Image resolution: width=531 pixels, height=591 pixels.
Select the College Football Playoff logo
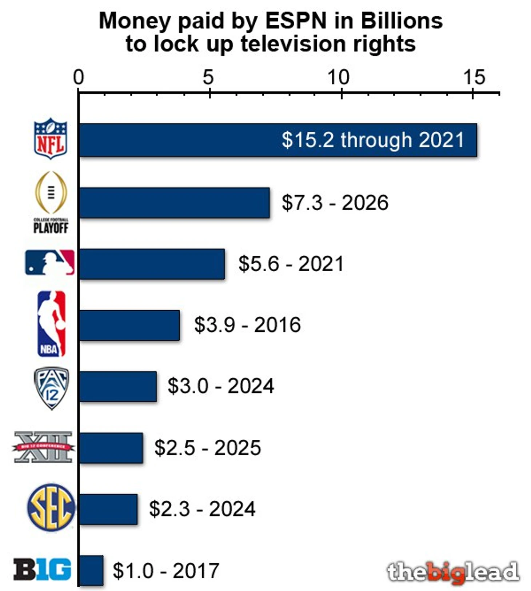click(51, 202)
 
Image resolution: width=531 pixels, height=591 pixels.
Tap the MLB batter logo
click(50, 262)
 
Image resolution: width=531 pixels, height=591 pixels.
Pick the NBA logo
click(52, 324)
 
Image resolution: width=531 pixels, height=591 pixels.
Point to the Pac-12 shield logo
click(51, 388)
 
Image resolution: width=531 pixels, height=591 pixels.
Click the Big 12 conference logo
click(43, 447)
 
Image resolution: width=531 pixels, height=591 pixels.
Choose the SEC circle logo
click(51, 507)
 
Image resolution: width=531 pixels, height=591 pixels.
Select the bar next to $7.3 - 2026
click(175, 203)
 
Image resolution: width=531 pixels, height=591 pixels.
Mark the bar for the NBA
click(129, 325)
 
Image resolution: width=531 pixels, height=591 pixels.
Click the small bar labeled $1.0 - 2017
click(91, 570)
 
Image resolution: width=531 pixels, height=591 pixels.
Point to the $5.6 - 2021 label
click(291, 264)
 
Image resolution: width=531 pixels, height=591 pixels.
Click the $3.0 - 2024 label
click(220, 386)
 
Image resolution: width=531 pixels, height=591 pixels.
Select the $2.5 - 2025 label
click(207, 447)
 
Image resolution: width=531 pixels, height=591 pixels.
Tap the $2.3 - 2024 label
click(202, 508)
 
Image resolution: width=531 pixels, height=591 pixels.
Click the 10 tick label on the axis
click(338, 77)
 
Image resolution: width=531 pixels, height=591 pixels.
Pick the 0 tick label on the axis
click(79, 77)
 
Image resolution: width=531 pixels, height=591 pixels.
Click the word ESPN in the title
click(296, 21)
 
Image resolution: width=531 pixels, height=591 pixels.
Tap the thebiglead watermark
click(453, 572)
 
